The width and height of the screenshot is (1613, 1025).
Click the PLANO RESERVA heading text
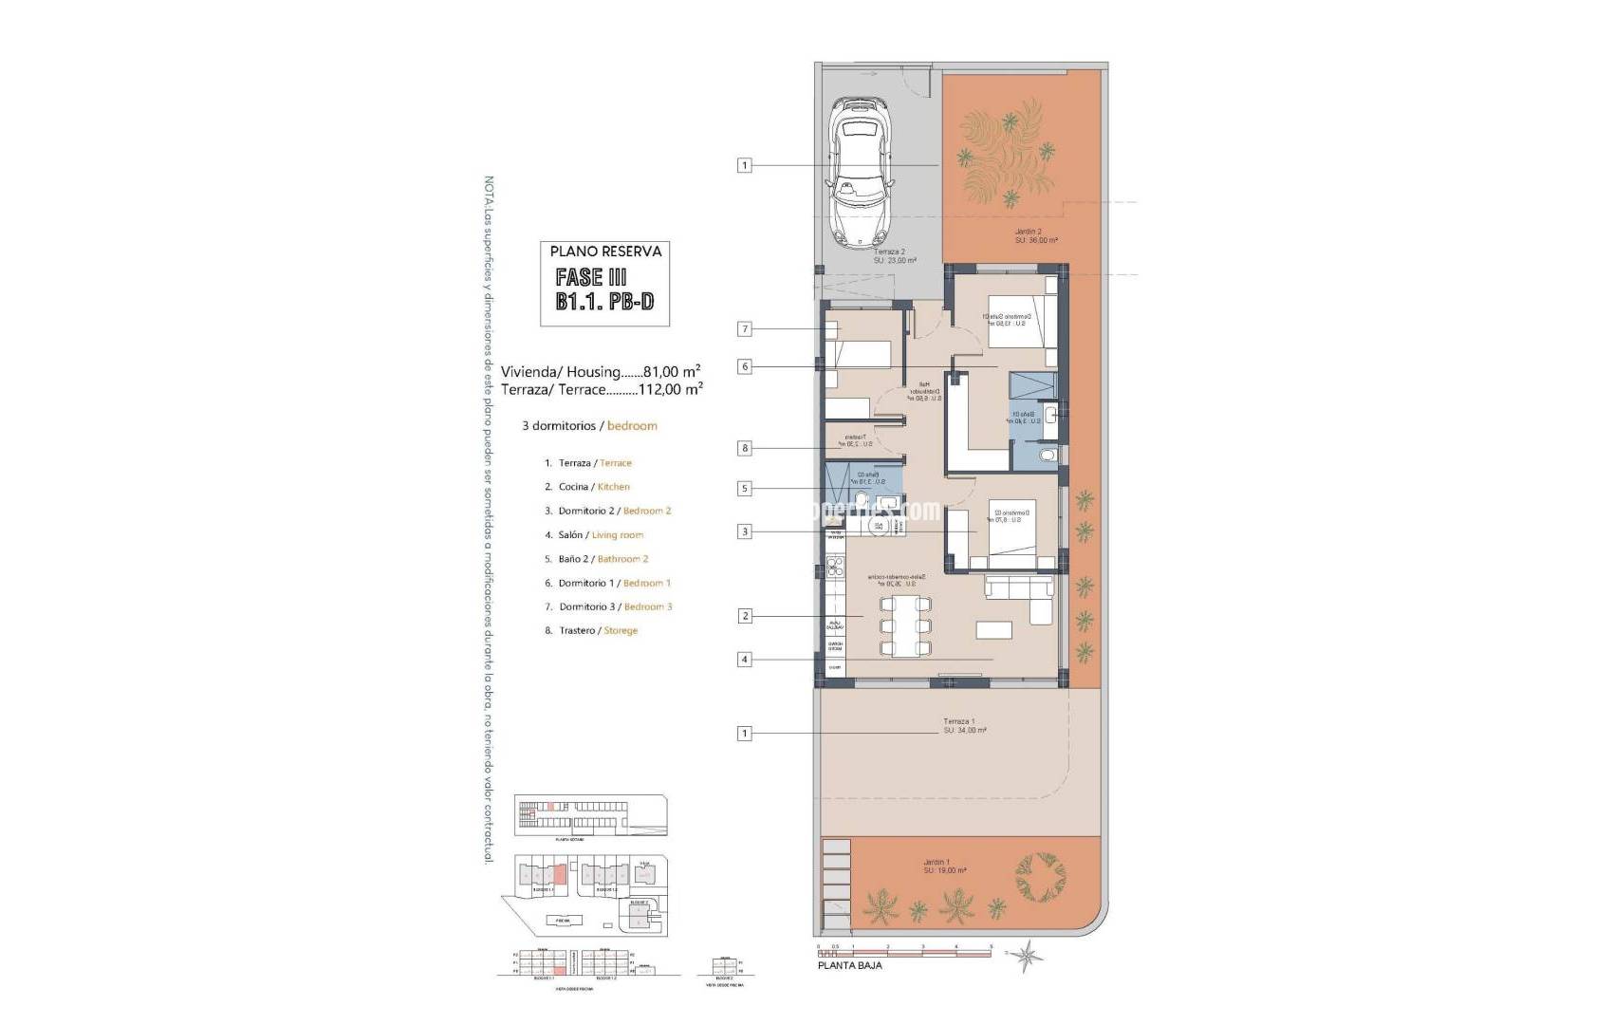point(605,252)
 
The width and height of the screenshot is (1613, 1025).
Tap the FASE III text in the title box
point(591,278)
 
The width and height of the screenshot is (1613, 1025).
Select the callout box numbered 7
point(745,329)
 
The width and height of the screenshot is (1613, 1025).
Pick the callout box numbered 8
point(745,448)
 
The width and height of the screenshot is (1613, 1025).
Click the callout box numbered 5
point(745,489)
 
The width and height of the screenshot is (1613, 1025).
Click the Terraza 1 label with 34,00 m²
point(964,726)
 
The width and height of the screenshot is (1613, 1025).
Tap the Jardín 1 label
point(944,867)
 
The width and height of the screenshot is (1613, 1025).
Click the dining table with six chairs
point(905,626)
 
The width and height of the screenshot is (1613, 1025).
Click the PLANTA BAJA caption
point(849,966)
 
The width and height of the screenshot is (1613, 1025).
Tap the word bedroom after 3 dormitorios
point(632,426)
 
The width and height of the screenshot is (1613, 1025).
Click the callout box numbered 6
point(745,366)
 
